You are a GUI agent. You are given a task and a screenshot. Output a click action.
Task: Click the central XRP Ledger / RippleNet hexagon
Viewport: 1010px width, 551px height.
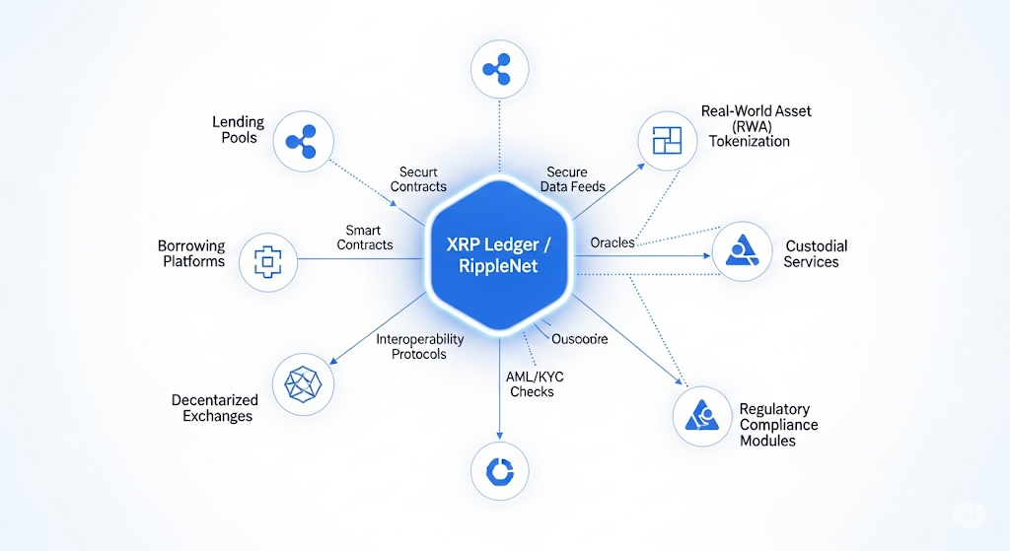501,255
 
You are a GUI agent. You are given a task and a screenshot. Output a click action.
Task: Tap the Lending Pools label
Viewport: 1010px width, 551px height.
238,130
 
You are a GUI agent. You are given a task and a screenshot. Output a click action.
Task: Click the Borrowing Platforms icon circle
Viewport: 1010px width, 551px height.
268,259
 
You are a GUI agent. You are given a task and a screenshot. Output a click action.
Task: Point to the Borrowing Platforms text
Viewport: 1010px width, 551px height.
191,253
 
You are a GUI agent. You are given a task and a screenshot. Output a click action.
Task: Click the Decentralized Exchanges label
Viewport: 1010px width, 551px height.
214,408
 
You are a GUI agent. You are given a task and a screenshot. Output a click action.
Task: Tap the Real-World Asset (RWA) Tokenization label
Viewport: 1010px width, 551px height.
756,126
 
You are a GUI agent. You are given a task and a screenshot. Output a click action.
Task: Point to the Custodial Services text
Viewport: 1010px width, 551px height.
816,253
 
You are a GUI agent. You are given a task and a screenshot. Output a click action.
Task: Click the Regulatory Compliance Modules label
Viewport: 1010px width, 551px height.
778,424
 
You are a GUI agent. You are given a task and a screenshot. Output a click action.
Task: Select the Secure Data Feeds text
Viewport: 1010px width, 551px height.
572,179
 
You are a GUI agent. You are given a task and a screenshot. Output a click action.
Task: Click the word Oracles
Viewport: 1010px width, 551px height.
613,242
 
